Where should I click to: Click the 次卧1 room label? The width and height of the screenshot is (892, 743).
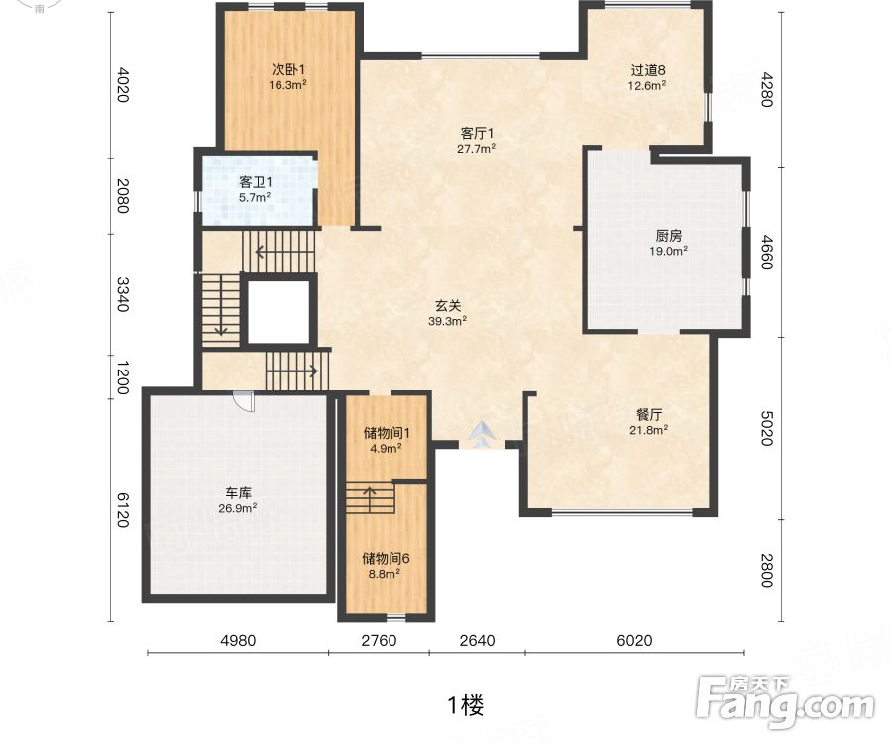point(288,70)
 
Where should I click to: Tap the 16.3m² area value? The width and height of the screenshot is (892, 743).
point(288,85)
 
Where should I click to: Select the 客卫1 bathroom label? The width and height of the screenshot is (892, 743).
point(255,182)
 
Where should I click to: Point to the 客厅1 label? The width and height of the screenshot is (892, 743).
point(477,133)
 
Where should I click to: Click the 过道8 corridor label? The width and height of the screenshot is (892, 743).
point(648,70)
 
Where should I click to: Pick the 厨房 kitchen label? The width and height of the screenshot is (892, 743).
point(668,236)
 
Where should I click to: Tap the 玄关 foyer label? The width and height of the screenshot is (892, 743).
point(448,306)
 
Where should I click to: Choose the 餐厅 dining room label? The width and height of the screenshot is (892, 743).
point(648,414)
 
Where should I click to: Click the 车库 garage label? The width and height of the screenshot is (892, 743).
point(238,493)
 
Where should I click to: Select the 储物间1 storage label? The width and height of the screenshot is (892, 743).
point(387,433)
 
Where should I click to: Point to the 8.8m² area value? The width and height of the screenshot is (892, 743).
point(384,574)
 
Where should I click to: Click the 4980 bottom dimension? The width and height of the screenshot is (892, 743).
point(238,641)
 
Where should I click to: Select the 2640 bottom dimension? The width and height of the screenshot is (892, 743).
point(477,641)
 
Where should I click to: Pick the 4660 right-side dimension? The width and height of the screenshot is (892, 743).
point(766,252)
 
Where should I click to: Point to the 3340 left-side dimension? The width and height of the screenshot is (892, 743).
point(122,294)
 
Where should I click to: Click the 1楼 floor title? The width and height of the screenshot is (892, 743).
point(466,705)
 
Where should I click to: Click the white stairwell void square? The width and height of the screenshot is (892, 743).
point(279,312)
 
